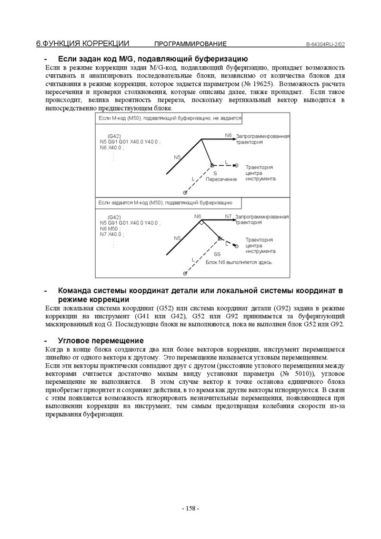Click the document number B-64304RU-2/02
(325, 44)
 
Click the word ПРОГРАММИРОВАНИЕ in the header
(190, 44)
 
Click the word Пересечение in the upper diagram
(221, 179)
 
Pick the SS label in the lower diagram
(217, 254)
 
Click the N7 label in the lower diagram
(228, 216)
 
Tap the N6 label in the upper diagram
(228, 135)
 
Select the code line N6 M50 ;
(110, 228)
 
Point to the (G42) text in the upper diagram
(114, 136)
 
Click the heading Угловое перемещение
(93, 341)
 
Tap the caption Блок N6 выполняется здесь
(239, 262)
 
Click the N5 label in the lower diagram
(177, 238)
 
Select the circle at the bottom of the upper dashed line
(185, 193)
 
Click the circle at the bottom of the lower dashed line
(184, 274)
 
